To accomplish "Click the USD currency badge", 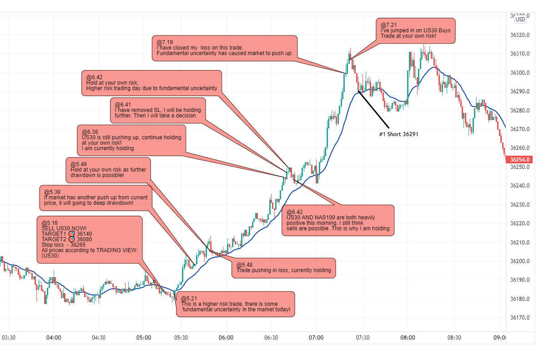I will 520,19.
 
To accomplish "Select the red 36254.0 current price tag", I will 521,160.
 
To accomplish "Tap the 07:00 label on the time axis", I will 316,338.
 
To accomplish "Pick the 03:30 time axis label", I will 9,338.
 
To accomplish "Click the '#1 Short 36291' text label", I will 398,134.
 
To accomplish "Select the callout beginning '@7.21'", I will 415,30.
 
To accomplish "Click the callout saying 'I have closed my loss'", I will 224,48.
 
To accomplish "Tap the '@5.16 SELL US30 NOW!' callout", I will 89,239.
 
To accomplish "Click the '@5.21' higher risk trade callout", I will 235,304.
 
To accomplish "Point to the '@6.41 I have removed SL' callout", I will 157,110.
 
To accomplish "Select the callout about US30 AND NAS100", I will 338,220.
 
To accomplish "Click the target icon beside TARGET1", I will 71,233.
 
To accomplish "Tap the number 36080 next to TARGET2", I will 84,239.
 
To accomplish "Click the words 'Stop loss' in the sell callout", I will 52,245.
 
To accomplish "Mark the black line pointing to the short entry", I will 374,109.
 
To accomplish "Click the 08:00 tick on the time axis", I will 408,338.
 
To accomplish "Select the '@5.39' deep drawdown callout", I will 96,198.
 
